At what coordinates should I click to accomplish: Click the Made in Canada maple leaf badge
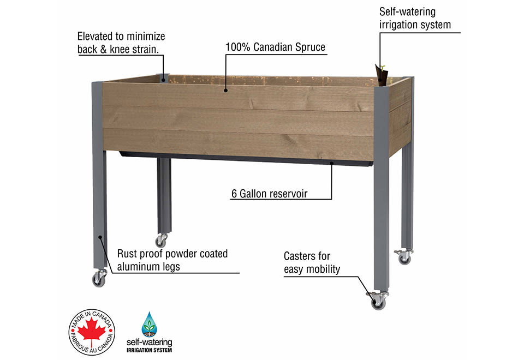click(x=92, y=332)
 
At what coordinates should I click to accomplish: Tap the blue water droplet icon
click(x=149, y=325)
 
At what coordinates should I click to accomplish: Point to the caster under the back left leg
click(x=161, y=240)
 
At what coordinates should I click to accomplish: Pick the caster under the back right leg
click(x=404, y=257)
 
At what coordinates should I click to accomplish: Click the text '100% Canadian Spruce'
click(x=275, y=47)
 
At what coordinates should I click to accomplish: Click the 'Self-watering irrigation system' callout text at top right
click(x=415, y=18)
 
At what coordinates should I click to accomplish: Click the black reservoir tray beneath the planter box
click(x=246, y=159)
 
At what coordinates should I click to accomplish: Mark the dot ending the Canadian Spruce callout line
click(x=225, y=87)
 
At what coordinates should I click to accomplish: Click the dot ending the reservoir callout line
click(x=332, y=163)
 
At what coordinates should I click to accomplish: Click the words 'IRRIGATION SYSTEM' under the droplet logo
click(x=149, y=350)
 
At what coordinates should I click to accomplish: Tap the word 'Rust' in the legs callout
click(x=128, y=254)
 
